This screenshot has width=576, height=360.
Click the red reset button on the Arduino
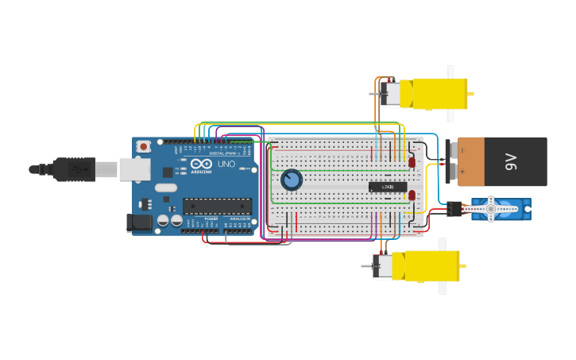pyautogui.click(x=144, y=146)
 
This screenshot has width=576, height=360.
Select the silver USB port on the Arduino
pyautogui.click(x=134, y=168)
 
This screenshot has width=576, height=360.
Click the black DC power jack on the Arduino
pyautogui.click(x=140, y=223)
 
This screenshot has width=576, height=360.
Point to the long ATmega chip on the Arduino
pyautogui.click(x=217, y=207)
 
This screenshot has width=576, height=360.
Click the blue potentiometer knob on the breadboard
pyautogui.click(x=292, y=180)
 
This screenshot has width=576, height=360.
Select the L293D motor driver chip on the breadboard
pyautogui.click(x=388, y=187)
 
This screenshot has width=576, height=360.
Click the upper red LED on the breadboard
pyautogui.click(x=412, y=162)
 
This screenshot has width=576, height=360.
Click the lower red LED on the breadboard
pyautogui.click(x=412, y=195)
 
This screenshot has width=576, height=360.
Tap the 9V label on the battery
pyautogui.click(x=511, y=162)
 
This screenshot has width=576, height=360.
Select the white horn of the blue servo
pyautogui.click(x=490, y=209)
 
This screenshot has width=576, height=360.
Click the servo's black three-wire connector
pyautogui.click(x=454, y=209)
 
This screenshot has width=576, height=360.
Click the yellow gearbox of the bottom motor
pyautogui.click(x=429, y=265)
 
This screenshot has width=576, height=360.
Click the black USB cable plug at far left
pyautogui.click(x=74, y=169)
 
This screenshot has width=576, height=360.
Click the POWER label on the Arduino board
pyautogui.click(x=211, y=219)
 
